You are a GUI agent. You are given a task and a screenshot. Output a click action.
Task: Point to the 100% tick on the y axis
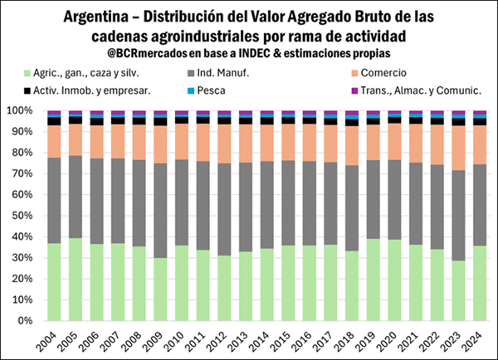(18, 110)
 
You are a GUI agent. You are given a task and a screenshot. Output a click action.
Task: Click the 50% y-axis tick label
(21, 216)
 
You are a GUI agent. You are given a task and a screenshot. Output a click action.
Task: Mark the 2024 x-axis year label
(480, 338)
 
